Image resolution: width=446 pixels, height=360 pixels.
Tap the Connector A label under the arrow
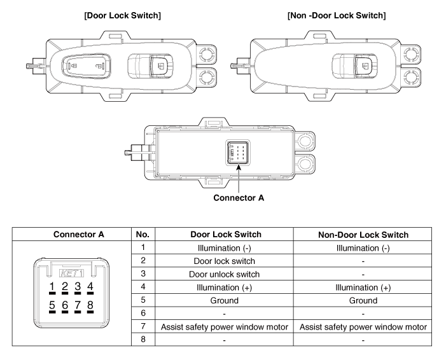[239, 197]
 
